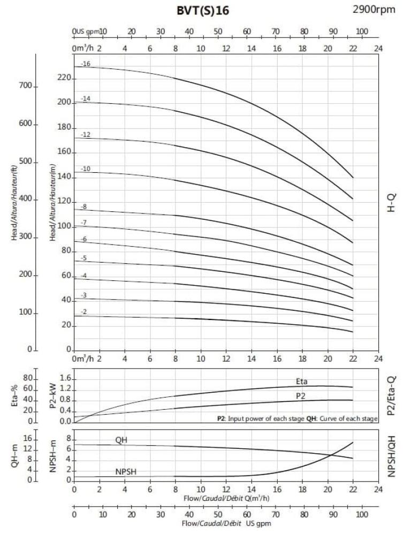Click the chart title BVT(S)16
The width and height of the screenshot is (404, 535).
(x=203, y=10)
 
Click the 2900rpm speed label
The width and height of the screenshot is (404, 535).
(x=375, y=9)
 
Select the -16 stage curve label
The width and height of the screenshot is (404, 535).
(x=86, y=64)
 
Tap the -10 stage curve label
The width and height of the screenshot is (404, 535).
(x=86, y=169)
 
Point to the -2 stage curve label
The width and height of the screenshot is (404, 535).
(x=84, y=312)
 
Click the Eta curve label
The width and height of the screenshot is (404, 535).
(x=302, y=381)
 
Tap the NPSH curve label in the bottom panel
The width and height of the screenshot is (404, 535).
(x=126, y=472)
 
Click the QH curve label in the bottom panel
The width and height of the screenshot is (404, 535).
(x=121, y=440)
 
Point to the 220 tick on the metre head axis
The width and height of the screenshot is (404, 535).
(x=64, y=78)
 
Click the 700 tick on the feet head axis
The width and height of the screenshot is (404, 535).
(x=26, y=86)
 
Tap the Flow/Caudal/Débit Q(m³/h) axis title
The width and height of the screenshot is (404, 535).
(x=225, y=499)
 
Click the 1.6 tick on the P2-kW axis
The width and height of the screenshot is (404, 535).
(x=65, y=379)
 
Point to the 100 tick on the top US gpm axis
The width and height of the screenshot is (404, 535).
(x=362, y=32)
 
